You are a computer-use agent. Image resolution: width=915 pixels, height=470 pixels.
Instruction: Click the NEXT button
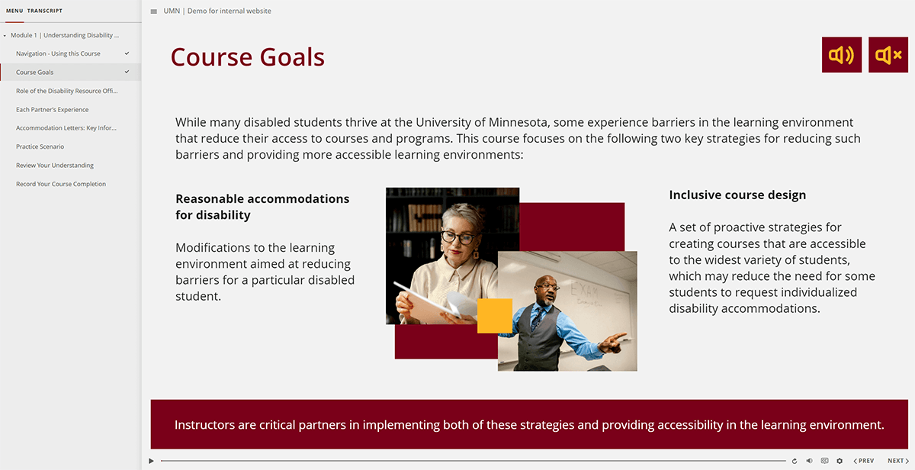(x=897, y=461)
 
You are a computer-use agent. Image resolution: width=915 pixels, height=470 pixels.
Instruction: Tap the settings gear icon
(x=840, y=461)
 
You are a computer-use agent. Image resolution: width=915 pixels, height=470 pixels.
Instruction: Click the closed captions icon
(x=824, y=461)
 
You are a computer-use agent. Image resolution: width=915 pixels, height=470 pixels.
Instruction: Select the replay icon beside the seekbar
(x=795, y=461)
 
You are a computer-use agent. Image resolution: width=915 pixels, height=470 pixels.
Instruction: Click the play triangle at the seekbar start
(x=152, y=461)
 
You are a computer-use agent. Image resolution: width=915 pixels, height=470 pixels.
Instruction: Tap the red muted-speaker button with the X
(x=888, y=55)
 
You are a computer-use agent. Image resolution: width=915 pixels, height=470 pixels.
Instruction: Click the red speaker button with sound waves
(x=842, y=55)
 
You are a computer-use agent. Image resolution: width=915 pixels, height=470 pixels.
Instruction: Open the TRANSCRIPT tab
(x=45, y=11)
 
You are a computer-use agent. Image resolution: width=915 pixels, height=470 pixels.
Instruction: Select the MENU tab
(x=14, y=11)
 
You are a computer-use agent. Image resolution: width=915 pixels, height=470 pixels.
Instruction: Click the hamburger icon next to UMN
(x=154, y=11)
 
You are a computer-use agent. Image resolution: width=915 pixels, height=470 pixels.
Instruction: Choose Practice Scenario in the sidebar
(x=40, y=146)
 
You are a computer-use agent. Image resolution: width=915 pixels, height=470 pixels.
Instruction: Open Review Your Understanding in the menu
(x=55, y=166)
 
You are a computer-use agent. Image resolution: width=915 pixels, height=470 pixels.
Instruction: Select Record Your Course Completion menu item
(x=61, y=184)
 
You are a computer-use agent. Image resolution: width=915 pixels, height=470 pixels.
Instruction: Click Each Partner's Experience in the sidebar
(x=52, y=110)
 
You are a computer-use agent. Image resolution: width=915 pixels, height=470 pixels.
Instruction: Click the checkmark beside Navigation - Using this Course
(x=127, y=53)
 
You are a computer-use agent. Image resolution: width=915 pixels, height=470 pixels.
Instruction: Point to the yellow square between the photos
(x=494, y=316)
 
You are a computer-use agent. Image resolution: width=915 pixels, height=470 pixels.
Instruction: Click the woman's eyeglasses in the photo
(x=458, y=237)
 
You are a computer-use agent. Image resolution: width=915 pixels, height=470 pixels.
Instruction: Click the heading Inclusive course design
(x=737, y=195)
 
